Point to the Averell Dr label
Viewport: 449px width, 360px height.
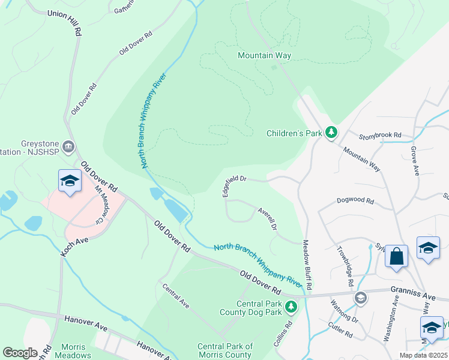pos(267,218)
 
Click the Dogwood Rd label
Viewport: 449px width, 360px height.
pos(355,200)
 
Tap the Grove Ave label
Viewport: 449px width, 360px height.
pos(414,161)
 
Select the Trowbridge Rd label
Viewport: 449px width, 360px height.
pos(345,266)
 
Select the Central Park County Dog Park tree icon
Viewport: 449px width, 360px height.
pos(291,308)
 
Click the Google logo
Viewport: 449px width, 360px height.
pos(20,353)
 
